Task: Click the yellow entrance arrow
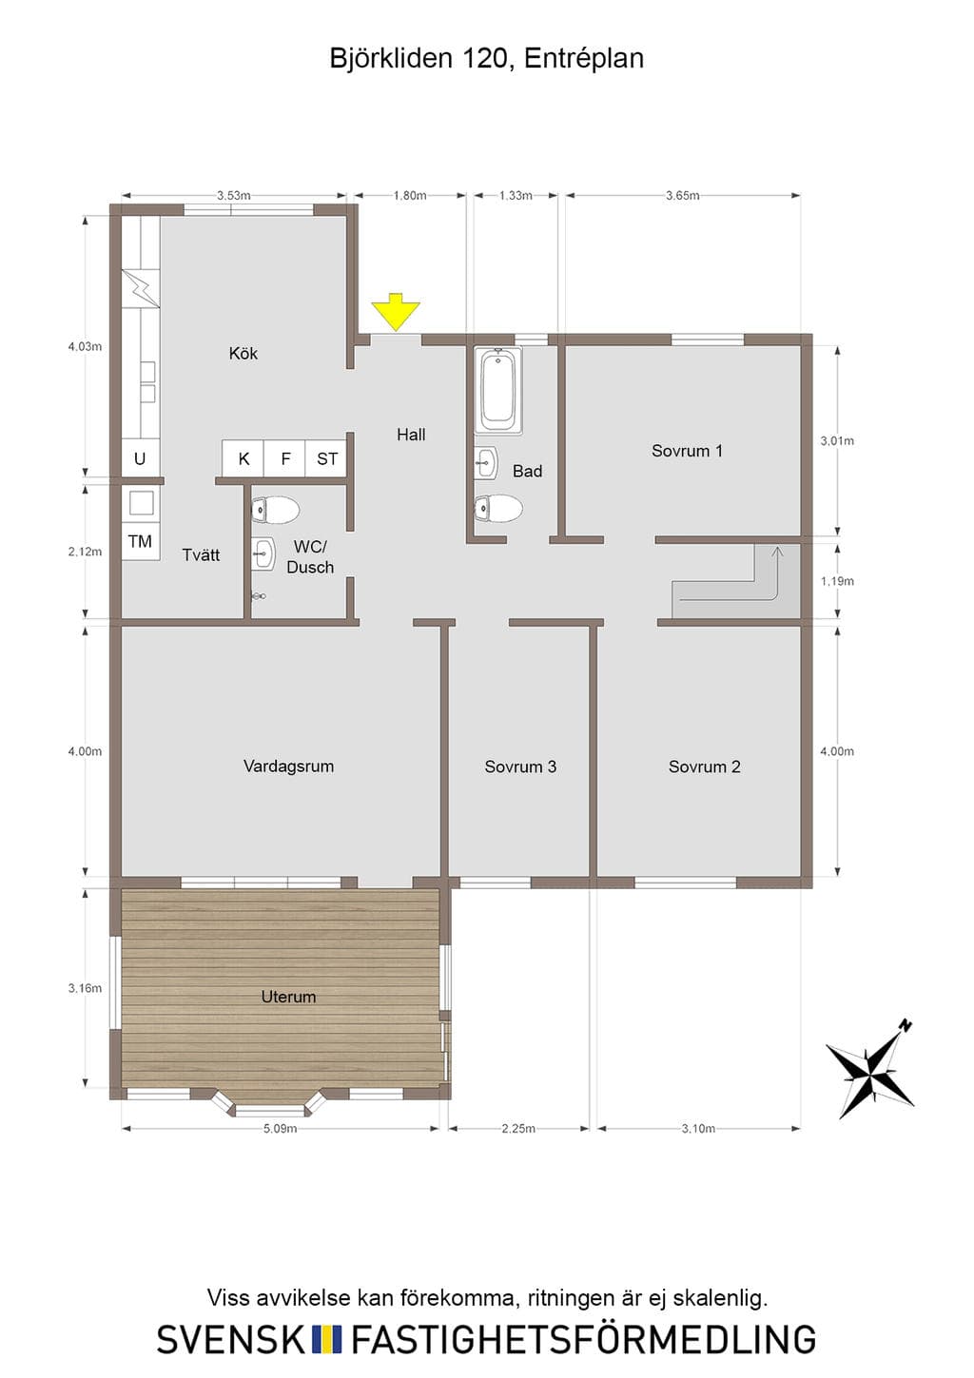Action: click(395, 313)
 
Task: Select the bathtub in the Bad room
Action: click(497, 391)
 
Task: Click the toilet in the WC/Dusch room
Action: click(275, 510)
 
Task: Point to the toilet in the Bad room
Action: click(498, 508)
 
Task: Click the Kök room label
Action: click(243, 354)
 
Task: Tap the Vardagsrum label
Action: click(288, 767)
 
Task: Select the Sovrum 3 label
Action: click(520, 767)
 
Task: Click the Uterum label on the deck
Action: click(288, 997)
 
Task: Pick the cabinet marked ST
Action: click(326, 458)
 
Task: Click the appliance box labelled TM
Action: click(140, 541)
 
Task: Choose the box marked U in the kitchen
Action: click(140, 458)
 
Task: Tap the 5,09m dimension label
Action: click(281, 1129)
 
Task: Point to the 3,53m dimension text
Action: click(234, 196)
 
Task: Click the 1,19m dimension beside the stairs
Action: click(837, 581)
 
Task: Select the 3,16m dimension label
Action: click(85, 988)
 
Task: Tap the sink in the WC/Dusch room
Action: click(263, 553)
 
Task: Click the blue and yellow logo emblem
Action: click(327, 1340)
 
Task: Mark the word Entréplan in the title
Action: click(584, 58)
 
